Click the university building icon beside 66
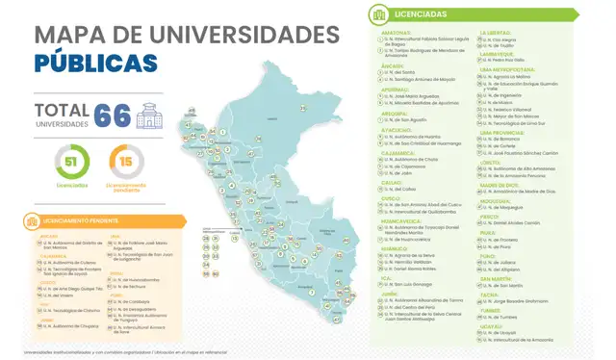[x=149, y=117]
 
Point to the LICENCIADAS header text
[x=421, y=14]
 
